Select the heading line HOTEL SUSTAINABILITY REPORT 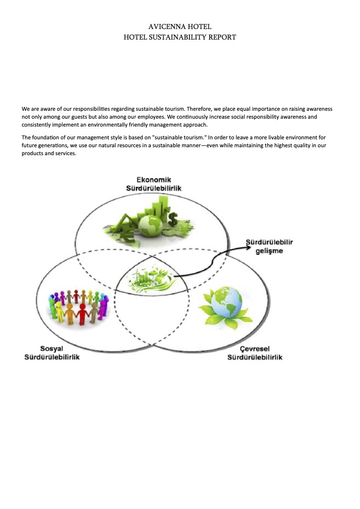pyautogui.click(x=180, y=37)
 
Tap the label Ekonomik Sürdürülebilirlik pyautogui.click(x=153, y=184)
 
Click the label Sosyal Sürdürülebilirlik pyautogui.click(x=52, y=353)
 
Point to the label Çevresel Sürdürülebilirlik pyautogui.click(x=255, y=353)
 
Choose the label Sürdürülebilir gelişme pyautogui.click(x=269, y=247)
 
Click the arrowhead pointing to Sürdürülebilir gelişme pyautogui.click(x=248, y=248)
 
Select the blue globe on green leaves pyautogui.click(x=226, y=302)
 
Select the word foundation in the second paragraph pyautogui.click(x=45, y=138)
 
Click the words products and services pyautogui.click(x=49, y=153)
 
